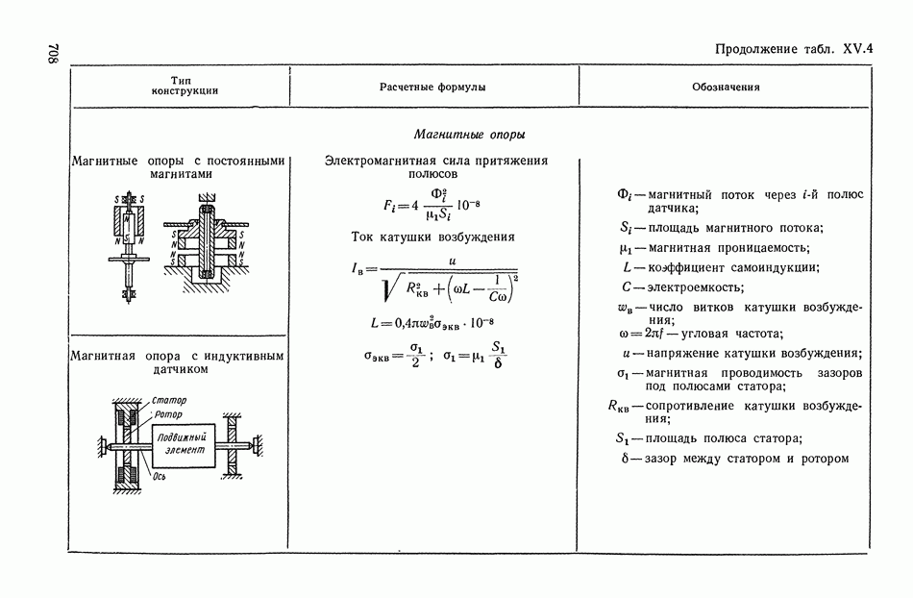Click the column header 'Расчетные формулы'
coord(432,87)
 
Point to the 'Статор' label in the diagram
coord(168,400)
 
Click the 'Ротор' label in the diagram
coord(167,414)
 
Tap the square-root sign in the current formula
coord(388,287)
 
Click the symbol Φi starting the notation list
coord(626,195)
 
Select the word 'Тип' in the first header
coord(183,80)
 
